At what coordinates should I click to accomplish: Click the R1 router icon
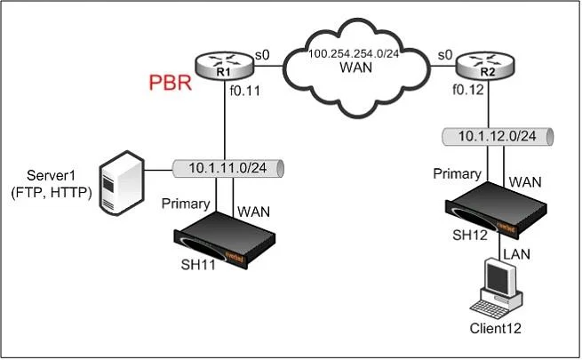click(x=224, y=65)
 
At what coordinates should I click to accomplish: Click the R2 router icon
click(x=485, y=65)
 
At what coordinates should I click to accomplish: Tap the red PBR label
click(x=171, y=83)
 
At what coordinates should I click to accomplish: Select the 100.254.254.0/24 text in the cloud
click(x=354, y=54)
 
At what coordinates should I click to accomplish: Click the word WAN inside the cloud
click(x=356, y=68)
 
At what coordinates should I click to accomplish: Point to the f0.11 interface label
click(x=245, y=91)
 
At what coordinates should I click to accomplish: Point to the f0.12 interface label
click(x=468, y=90)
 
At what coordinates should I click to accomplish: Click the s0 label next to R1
click(x=262, y=55)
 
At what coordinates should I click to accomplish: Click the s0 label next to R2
click(x=445, y=55)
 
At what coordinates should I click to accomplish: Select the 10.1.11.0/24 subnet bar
click(x=228, y=168)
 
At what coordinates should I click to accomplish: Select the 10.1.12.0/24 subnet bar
click(x=498, y=136)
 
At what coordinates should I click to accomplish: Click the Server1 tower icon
click(x=122, y=182)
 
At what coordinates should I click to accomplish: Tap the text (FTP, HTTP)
click(x=52, y=193)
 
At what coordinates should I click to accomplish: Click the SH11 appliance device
click(x=224, y=240)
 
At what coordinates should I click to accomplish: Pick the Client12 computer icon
click(x=497, y=288)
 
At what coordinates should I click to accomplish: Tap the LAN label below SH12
click(x=516, y=254)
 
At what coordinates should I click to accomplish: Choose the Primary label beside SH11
click(x=186, y=204)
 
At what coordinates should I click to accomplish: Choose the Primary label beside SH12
click(x=457, y=173)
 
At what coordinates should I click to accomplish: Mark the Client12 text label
click(x=495, y=329)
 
